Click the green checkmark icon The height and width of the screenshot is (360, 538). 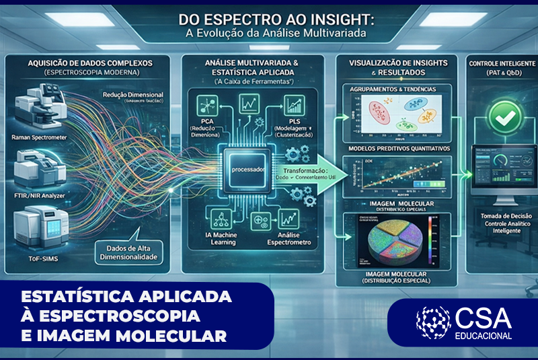pos(500,116)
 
